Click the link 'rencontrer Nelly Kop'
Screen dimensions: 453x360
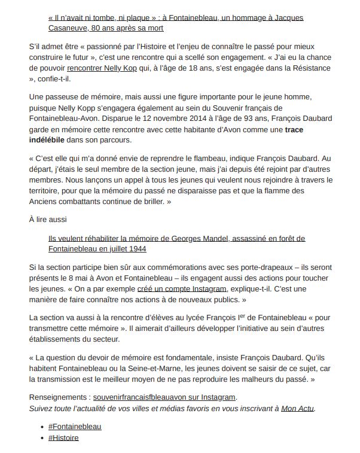tap(123, 68)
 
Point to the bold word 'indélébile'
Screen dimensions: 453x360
tap(51, 139)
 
